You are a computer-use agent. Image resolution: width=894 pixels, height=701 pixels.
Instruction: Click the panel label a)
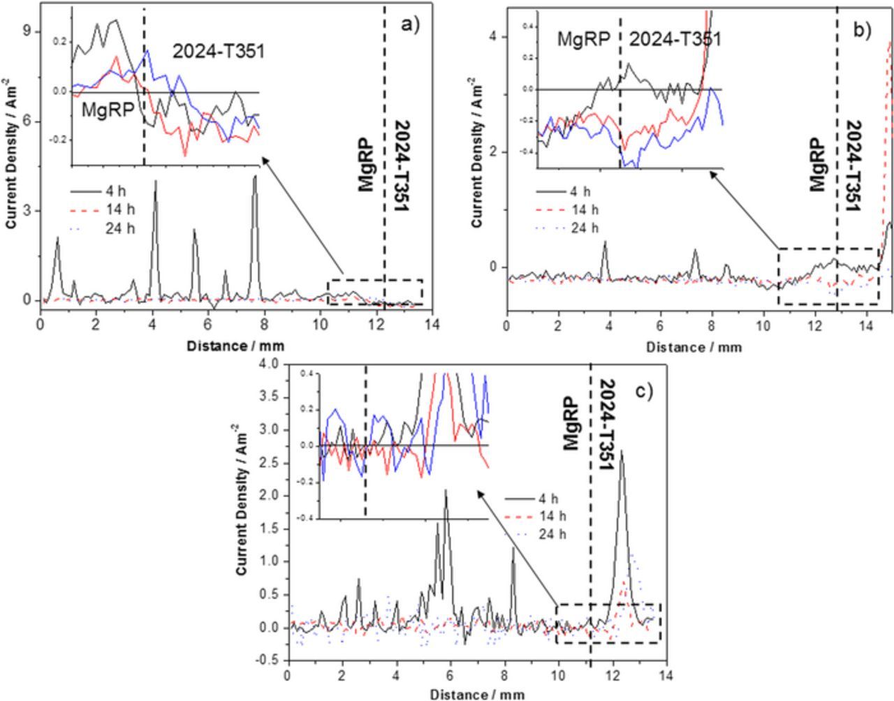[x=410, y=26]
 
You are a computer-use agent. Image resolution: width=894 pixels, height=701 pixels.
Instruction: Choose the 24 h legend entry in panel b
[x=585, y=228]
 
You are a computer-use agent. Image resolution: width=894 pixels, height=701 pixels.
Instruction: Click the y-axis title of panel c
[x=242, y=497]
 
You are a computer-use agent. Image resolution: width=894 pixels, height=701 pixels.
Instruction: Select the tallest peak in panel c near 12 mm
[x=621, y=452]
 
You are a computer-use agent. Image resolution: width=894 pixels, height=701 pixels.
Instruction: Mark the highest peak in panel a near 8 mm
[x=255, y=177]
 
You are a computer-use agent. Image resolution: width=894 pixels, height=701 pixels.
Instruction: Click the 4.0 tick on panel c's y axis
[x=268, y=364]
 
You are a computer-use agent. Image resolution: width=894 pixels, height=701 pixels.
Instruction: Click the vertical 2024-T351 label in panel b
[x=854, y=165]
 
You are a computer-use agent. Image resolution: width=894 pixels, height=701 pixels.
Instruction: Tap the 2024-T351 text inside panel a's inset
[x=219, y=51]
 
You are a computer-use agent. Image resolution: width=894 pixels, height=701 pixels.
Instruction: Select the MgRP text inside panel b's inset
[x=583, y=39]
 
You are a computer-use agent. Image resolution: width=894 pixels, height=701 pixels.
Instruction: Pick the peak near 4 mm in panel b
[x=605, y=242]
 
